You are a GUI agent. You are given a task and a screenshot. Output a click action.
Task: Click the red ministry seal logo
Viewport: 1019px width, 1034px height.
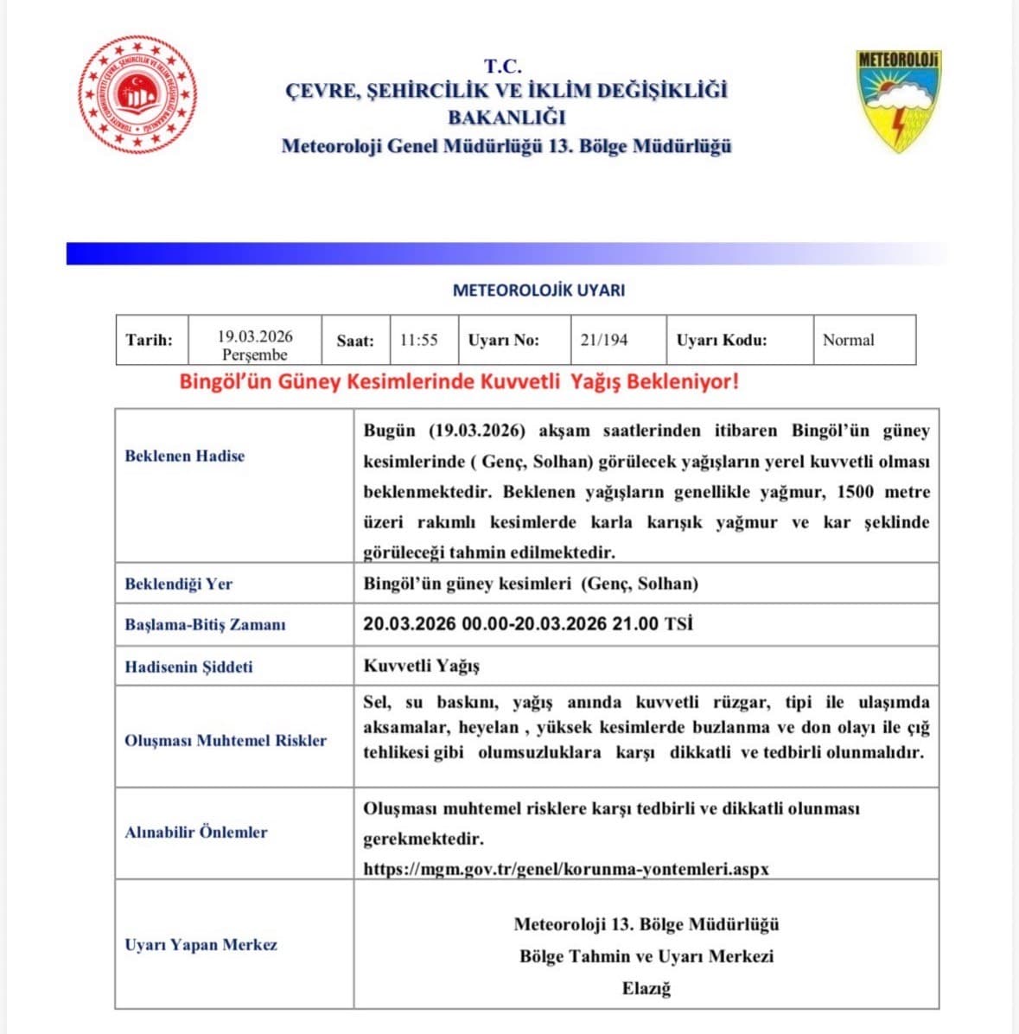(x=138, y=93)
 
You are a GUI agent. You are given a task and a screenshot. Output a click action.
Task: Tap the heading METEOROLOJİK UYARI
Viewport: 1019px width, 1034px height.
(x=538, y=290)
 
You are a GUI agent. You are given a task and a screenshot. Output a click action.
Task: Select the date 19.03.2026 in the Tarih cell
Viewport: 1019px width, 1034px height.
(x=255, y=336)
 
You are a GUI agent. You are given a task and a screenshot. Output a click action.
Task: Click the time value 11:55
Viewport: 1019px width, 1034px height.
(x=418, y=340)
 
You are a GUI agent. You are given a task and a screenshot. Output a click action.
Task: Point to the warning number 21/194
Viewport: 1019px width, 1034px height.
(x=603, y=340)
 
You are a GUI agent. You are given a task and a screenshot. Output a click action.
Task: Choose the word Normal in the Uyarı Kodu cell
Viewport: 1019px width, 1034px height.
(x=848, y=340)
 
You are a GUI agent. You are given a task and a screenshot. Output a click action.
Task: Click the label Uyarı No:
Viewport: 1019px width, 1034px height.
(x=503, y=340)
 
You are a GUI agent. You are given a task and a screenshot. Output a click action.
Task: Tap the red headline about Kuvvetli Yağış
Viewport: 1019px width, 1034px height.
(x=459, y=381)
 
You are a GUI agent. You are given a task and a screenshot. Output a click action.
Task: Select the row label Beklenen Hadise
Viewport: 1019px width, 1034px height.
(x=185, y=456)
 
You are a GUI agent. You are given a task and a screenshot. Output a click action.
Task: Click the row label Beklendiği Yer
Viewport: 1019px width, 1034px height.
(x=179, y=584)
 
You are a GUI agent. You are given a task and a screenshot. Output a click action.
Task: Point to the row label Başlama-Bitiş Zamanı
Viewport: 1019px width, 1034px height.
(x=205, y=624)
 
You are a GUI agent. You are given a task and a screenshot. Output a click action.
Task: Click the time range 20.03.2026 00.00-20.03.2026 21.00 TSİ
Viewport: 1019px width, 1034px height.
(x=527, y=623)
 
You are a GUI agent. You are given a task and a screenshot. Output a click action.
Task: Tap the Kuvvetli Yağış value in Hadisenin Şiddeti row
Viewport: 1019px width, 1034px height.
(x=421, y=666)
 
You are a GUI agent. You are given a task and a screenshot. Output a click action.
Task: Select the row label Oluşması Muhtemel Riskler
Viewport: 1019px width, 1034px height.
(x=226, y=740)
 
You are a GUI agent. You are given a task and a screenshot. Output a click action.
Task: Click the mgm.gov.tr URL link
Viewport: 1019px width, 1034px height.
(x=566, y=868)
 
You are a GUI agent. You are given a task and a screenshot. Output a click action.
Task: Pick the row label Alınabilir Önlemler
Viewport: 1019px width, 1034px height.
(x=196, y=832)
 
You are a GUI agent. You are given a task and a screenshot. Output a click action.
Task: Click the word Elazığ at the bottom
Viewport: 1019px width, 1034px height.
(x=646, y=987)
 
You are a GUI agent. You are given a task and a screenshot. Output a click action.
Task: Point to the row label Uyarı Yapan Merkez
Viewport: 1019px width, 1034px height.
(x=201, y=944)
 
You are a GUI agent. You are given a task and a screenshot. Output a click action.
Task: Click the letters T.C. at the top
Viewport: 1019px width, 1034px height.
(x=502, y=66)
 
